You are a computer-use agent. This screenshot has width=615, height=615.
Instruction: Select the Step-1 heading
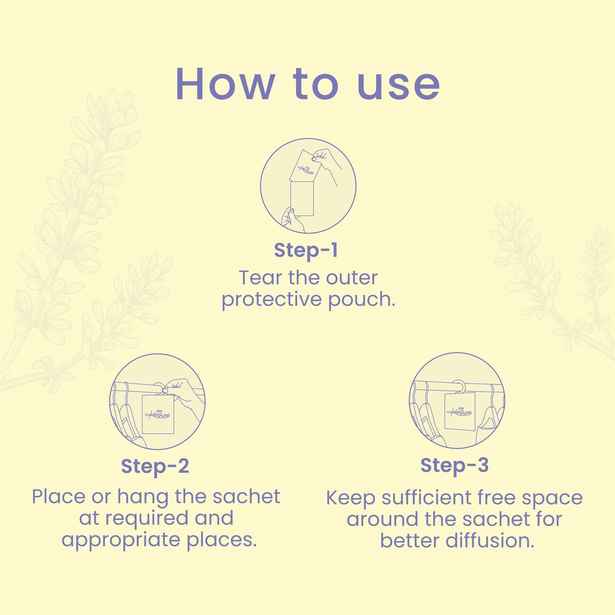coord(306,251)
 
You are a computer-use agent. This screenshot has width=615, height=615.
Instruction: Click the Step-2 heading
coord(155,466)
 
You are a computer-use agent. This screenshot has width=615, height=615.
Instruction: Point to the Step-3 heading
coord(455,465)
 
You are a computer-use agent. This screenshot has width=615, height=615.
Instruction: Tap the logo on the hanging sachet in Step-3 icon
coord(460,412)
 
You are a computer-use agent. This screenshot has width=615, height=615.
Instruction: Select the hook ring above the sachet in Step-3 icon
coord(459,386)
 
